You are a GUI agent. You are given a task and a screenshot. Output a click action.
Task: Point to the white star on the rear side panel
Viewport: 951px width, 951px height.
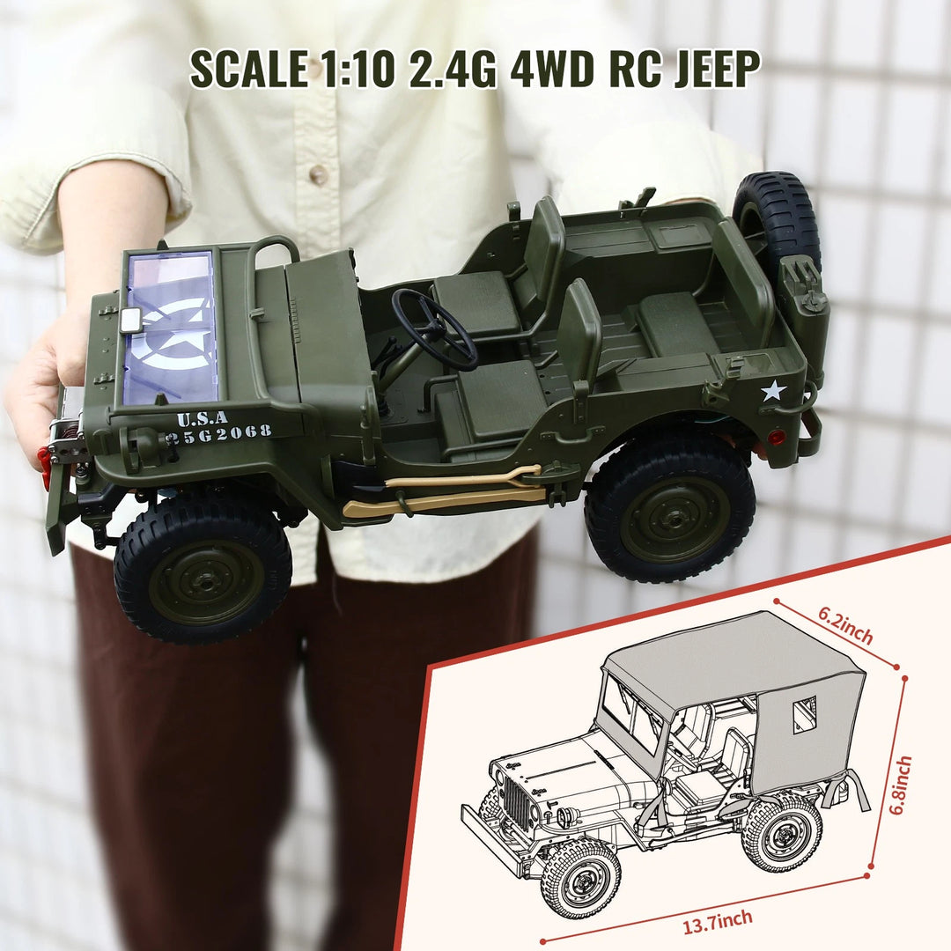tap(772, 390)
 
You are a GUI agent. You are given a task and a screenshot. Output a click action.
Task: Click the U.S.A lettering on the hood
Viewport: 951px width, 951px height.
tap(202, 418)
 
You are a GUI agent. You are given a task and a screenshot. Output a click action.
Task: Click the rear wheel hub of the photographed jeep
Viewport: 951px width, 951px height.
tap(675, 519)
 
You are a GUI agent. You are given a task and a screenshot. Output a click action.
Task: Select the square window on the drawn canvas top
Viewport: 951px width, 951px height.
tap(803, 714)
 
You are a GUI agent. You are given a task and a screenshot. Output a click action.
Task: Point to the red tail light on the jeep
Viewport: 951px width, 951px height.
tap(776, 437)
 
